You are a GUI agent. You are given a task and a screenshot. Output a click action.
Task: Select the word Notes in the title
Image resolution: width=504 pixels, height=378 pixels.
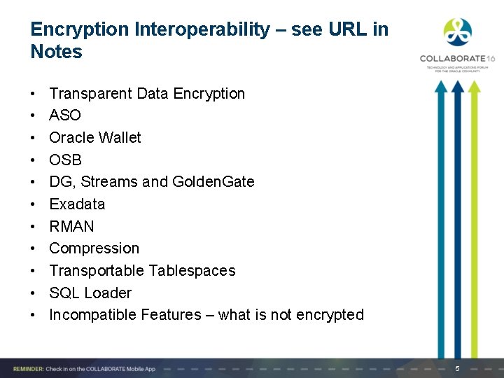pyautogui.click(x=56, y=52)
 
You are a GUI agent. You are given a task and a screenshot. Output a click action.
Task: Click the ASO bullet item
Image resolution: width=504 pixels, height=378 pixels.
pyautogui.click(x=64, y=115)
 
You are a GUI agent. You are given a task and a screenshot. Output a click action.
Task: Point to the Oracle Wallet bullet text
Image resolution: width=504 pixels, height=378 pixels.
pyautogui.click(x=94, y=138)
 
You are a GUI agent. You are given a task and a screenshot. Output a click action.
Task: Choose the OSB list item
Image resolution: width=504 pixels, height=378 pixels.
pyautogui.click(x=65, y=160)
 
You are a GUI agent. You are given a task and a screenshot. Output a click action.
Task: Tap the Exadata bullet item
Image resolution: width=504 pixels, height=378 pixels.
pyautogui.click(x=77, y=204)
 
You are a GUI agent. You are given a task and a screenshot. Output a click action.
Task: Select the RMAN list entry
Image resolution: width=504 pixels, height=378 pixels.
pyautogui.click(x=71, y=227)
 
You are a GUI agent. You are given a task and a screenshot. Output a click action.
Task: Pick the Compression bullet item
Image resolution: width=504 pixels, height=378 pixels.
pyautogui.click(x=94, y=248)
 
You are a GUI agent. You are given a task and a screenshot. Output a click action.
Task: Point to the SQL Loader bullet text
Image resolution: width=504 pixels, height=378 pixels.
pyautogui.click(x=90, y=293)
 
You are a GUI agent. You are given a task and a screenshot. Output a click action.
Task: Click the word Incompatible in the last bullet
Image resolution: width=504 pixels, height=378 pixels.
pyautogui.click(x=92, y=315)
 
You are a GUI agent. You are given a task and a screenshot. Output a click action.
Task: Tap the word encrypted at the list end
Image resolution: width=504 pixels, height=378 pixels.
pyautogui.click(x=330, y=315)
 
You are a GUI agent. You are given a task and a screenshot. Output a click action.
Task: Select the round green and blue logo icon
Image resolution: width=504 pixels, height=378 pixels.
pyautogui.click(x=458, y=32)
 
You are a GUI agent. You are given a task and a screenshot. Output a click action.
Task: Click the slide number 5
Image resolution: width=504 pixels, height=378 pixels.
pyautogui.click(x=457, y=368)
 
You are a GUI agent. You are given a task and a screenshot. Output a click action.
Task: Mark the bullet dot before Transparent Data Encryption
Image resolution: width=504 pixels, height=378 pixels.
pyautogui.click(x=34, y=94)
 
